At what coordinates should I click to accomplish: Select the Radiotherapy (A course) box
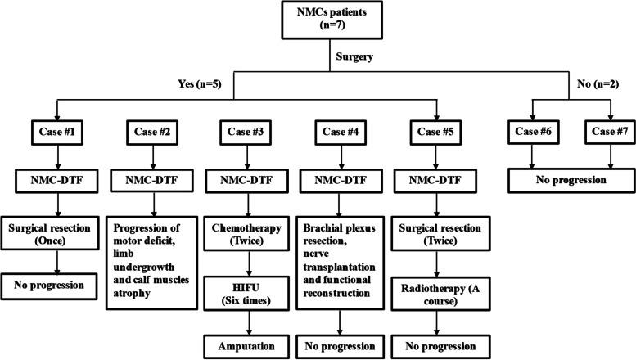(x=434, y=291)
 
